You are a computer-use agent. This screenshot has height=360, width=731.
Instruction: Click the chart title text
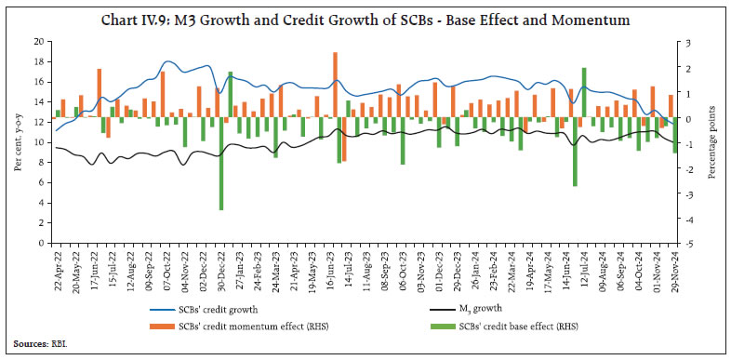tap(365, 20)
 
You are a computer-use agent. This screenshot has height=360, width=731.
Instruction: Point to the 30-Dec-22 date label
tap(219, 271)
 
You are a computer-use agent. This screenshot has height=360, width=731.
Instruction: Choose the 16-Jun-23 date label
tap(334, 271)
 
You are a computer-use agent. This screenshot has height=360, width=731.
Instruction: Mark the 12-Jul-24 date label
tap(583, 271)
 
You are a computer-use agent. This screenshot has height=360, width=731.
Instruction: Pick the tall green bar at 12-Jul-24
tap(583, 93)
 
